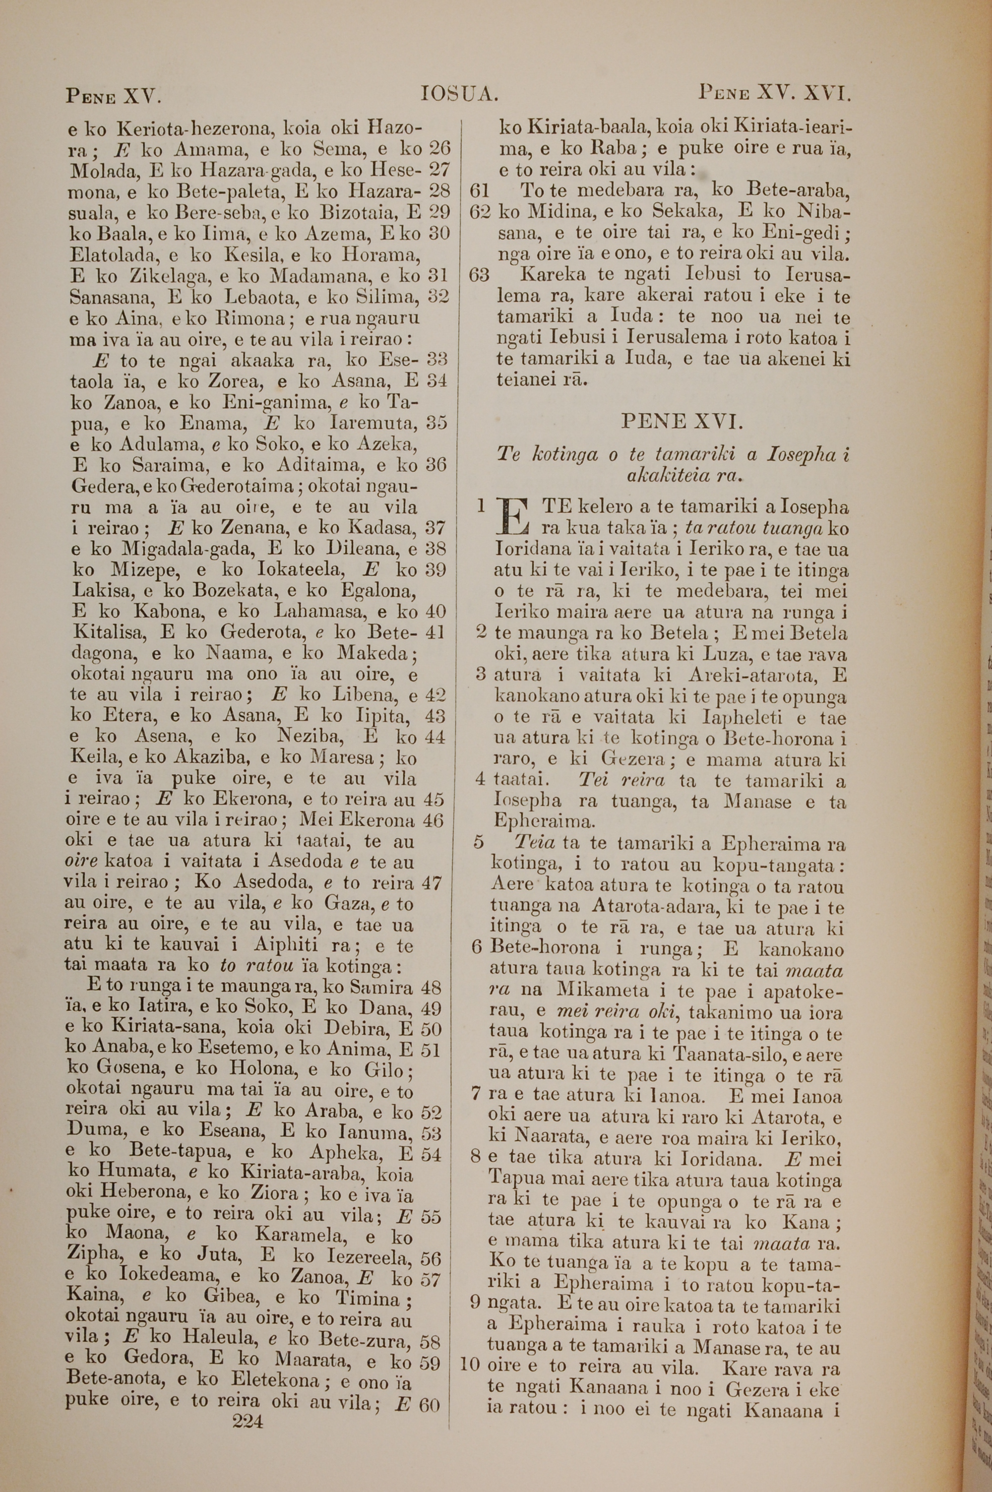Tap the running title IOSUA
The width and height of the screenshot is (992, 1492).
pos(460,95)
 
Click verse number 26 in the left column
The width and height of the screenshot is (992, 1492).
pos(438,149)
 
